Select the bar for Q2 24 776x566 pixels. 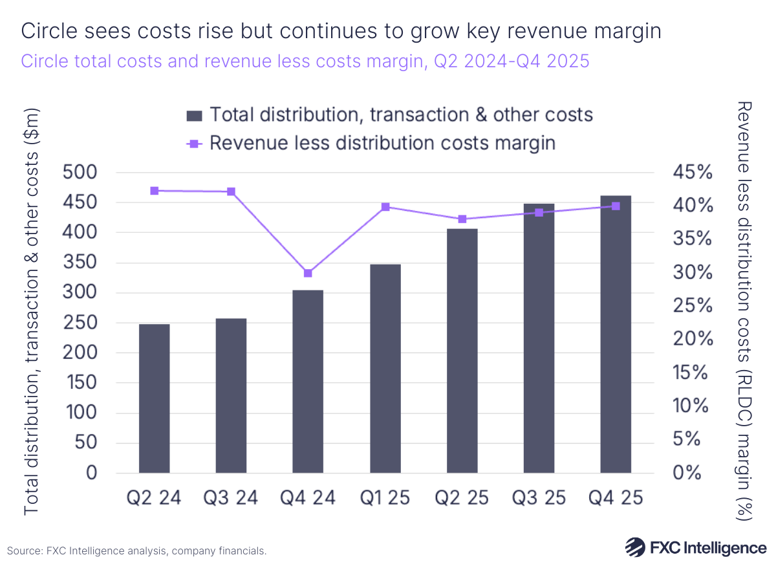[154, 398]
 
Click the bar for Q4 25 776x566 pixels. [616, 334]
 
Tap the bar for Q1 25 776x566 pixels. [385, 368]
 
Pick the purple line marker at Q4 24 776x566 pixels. [308, 273]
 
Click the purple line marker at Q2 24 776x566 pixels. [154, 191]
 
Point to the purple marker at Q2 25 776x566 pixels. [462, 219]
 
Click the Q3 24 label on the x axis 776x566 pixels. [231, 497]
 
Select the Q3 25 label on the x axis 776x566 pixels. [539, 497]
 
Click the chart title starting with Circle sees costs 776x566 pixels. [341, 31]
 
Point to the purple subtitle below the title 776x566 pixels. [305, 61]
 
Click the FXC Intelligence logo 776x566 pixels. [695, 547]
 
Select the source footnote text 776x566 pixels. [137, 550]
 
